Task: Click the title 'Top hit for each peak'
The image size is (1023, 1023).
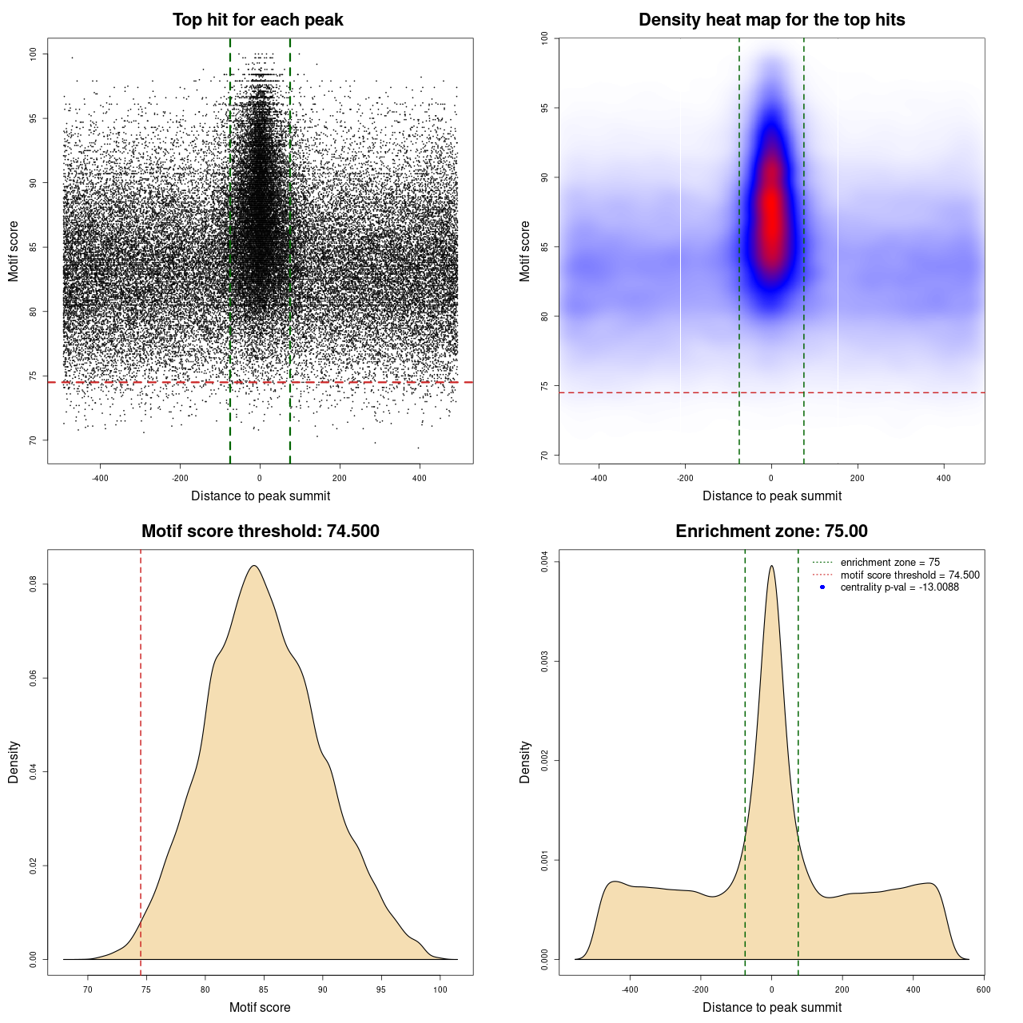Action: [x=257, y=20]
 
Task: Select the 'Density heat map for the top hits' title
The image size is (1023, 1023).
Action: [x=771, y=20]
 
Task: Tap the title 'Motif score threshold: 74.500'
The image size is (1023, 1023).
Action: [x=260, y=531]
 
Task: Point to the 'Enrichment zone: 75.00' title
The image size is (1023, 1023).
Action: [x=771, y=531]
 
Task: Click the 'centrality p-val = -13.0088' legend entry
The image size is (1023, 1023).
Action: [x=899, y=587]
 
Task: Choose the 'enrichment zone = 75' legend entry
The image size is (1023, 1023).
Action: [x=890, y=563]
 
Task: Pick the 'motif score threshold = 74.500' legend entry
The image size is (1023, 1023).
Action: [x=910, y=575]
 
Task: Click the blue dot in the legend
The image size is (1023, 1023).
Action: [x=822, y=587]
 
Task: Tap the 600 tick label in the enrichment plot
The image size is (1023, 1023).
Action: [x=983, y=989]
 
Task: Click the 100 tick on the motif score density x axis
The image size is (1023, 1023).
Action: [x=440, y=989]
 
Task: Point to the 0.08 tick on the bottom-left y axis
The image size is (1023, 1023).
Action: [x=34, y=585]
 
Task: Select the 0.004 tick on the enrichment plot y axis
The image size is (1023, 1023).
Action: [x=545, y=563]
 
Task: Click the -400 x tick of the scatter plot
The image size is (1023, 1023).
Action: [x=100, y=478]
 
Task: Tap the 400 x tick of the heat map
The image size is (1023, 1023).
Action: [x=944, y=478]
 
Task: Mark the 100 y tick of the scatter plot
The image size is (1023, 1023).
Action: [x=34, y=54]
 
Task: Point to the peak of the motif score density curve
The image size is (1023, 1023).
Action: [x=254, y=566]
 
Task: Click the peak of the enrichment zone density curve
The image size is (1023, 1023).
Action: [x=771, y=566]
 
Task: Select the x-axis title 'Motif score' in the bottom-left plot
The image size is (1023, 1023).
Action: [x=260, y=1007]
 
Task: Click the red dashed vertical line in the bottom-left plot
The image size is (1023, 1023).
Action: [x=141, y=759]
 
